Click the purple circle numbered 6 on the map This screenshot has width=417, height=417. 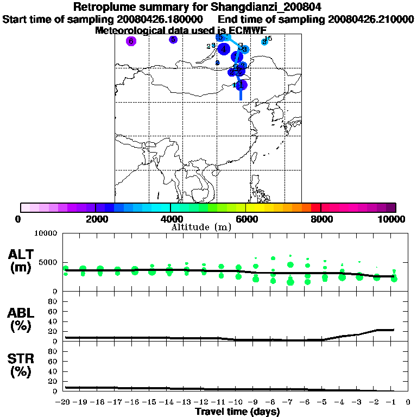click(x=131, y=41)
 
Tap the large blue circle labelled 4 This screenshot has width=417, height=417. click(x=224, y=49)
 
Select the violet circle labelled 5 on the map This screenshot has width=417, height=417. click(x=173, y=40)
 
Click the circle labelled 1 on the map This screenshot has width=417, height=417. click(x=242, y=85)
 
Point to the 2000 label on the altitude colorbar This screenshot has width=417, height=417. click(x=95, y=219)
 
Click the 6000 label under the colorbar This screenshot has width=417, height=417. click(x=246, y=219)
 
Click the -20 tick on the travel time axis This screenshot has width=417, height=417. click(x=65, y=402)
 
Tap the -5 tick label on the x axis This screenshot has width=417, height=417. click(x=324, y=402)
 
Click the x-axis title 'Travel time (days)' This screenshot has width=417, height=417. click(x=237, y=412)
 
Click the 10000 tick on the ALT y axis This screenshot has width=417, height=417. click(x=46, y=233)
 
